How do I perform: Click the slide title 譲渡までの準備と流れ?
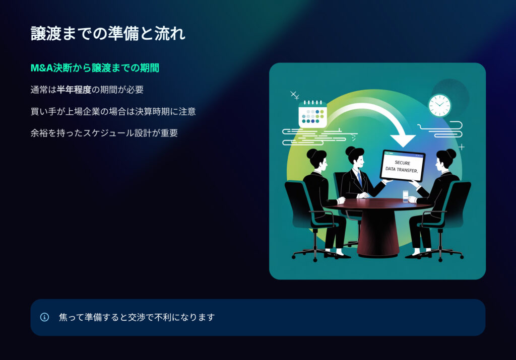click(108, 34)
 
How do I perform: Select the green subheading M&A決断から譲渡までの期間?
click(95, 68)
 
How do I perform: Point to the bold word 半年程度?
click(74, 90)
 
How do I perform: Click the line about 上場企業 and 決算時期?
click(113, 111)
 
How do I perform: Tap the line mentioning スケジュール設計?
click(104, 133)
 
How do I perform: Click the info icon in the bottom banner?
click(44, 317)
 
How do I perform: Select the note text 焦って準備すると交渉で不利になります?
click(137, 317)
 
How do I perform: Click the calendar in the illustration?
click(312, 114)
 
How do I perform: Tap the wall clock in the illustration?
click(439, 106)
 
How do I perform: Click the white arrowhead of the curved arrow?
click(403, 140)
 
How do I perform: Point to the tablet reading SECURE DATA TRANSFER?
click(403, 166)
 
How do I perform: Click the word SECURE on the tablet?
click(403, 163)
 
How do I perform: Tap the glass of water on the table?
click(406, 196)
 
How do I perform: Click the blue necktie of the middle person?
click(360, 180)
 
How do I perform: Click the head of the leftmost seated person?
click(317, 159)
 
